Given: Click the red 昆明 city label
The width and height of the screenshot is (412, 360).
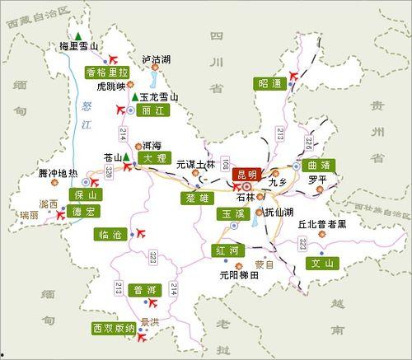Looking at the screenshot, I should coord(246,174).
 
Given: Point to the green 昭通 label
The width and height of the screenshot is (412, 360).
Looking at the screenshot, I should coord(269,83).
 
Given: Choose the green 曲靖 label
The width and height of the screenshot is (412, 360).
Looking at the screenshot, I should coord(320,166).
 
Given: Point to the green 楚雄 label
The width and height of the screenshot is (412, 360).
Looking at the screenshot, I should coord(198,197).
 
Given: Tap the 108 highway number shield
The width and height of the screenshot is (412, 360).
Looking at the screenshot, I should coord(223,156).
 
